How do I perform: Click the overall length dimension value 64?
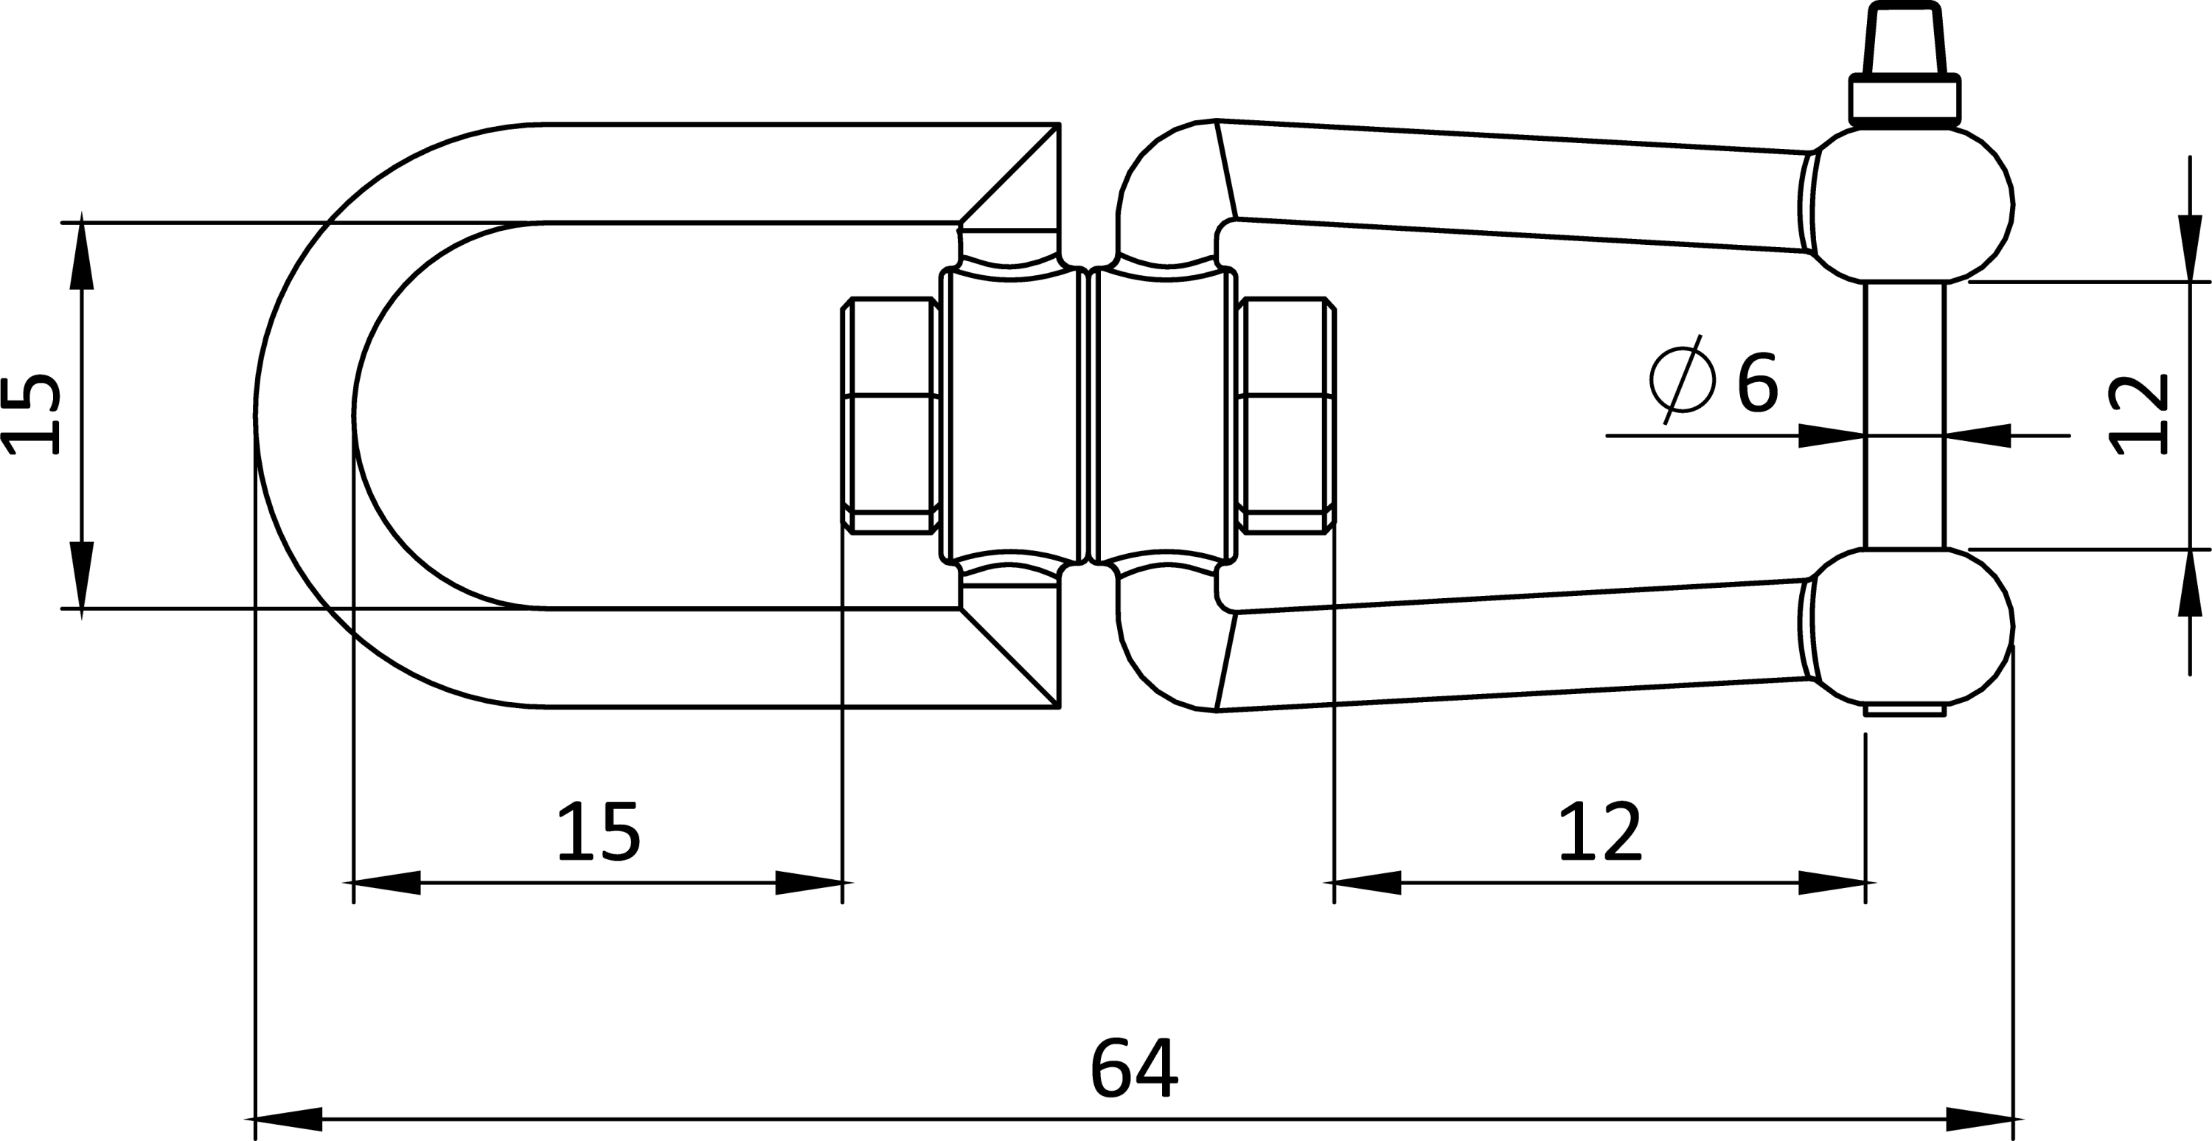click(x=1134, y=1068)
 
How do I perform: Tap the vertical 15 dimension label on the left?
click(x=32, y=414)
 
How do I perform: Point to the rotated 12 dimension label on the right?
click(x=2138, y=414)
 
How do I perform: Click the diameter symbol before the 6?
click(x=1682, y=379)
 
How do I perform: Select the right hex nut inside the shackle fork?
click(x=1287, y=416)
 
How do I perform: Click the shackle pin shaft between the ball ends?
click(x=1905, y=415)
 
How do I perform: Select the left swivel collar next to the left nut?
click(x=1010, y=416)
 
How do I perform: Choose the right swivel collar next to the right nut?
click(x=1164, y=416)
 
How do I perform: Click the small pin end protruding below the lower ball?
click(x=1905, y=710)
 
